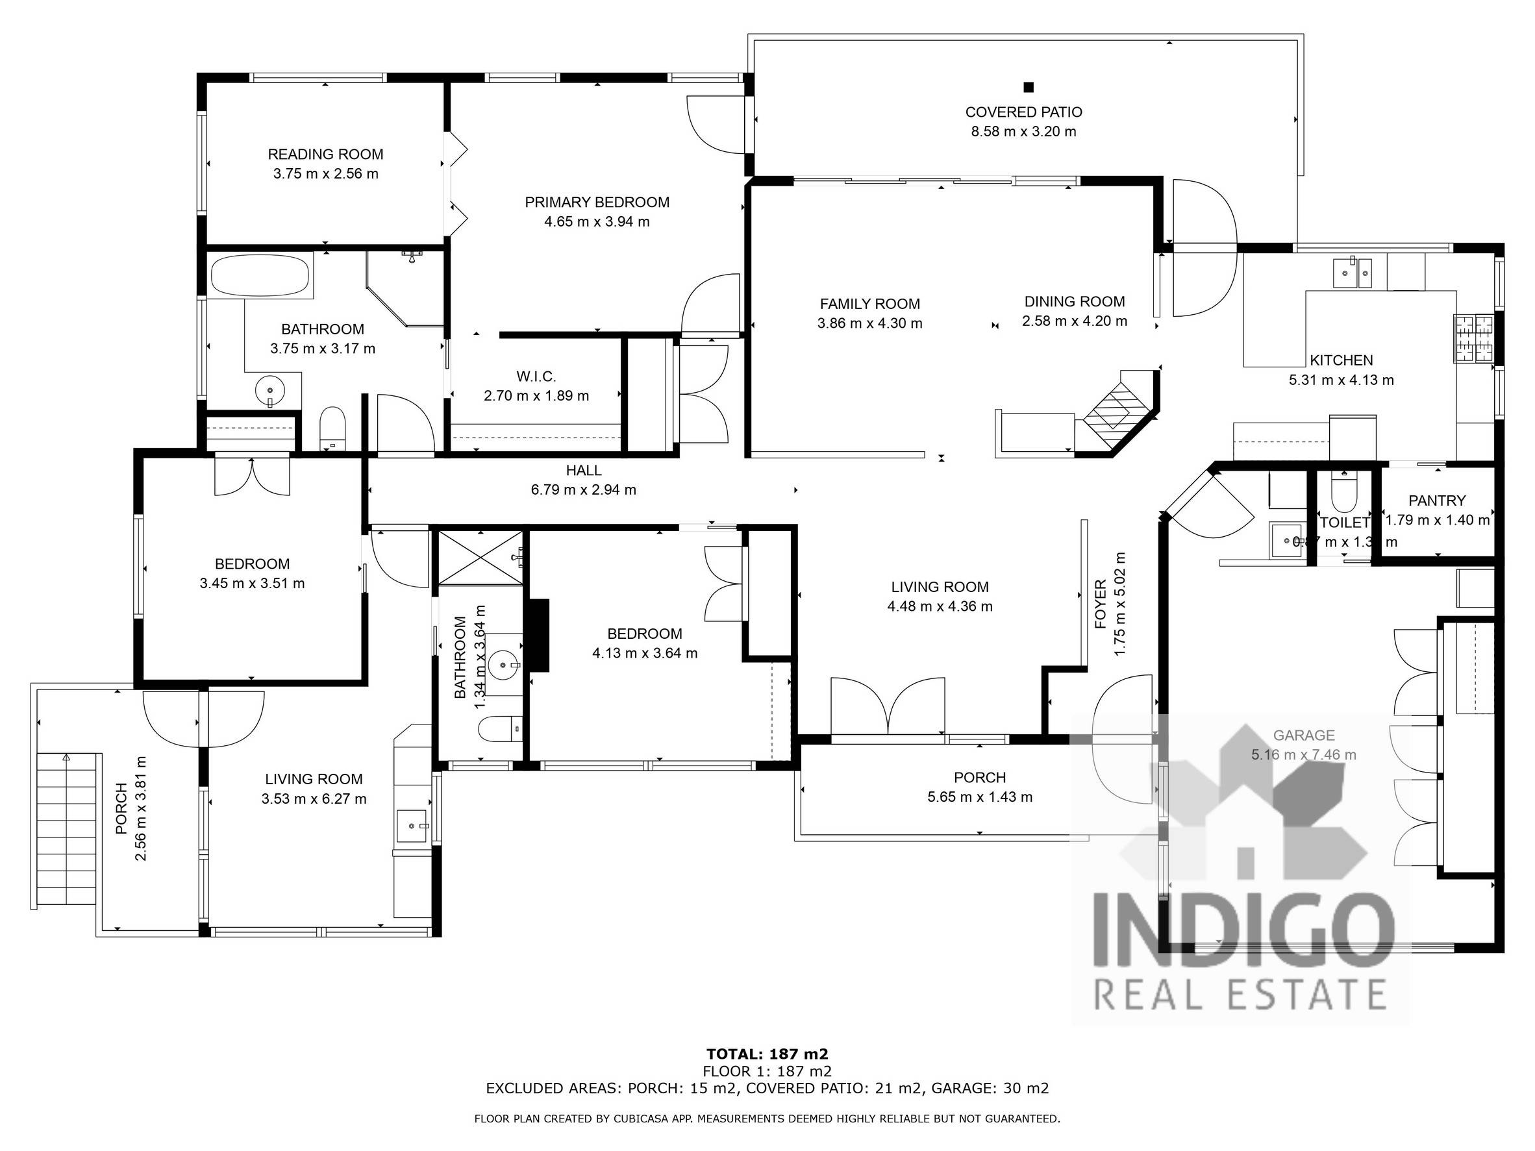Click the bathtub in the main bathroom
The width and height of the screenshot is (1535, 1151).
[260, 276]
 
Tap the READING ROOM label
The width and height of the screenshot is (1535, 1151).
[325, 154]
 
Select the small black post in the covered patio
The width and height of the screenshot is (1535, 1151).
[1029, 87]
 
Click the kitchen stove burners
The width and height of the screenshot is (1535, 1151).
[1473, 339]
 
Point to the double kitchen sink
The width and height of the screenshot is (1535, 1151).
[1353, 272]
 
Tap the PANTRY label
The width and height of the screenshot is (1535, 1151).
[1437, 501]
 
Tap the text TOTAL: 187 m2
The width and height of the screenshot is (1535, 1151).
[767, 1054]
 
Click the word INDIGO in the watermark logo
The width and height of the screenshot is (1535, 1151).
[1242, 929]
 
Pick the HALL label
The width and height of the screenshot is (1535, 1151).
[583, 471]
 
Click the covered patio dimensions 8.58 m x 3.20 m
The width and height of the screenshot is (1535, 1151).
[1023, 131]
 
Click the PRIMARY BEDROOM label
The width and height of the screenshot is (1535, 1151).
[597, 202]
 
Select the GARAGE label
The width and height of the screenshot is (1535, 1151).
[1303, 735]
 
